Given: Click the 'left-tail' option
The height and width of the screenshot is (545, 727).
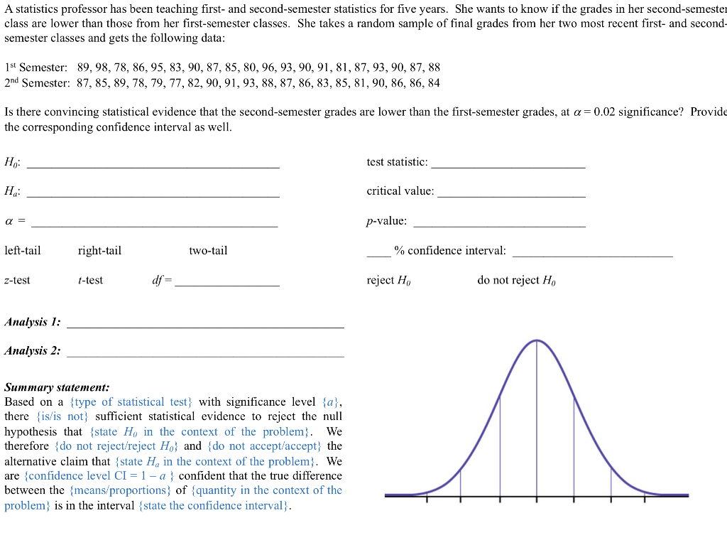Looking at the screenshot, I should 23,251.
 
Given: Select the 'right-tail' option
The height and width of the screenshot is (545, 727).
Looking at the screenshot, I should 99,251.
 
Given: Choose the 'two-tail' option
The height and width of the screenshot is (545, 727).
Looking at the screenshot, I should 208,251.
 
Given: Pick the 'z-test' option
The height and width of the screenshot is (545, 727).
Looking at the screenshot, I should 17,281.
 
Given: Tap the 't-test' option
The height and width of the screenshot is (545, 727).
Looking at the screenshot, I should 90,281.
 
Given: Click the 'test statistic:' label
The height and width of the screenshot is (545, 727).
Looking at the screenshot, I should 397,163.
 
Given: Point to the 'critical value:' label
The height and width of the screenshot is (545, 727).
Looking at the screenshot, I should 400,192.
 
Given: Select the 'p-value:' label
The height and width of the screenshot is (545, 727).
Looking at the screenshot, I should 387,222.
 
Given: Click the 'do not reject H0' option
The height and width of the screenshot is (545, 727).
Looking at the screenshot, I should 516,281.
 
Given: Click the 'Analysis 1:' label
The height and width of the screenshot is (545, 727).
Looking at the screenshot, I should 32,323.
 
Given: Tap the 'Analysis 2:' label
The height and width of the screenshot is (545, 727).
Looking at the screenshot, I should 32,351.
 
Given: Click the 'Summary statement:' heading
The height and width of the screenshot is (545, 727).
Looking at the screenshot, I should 57,388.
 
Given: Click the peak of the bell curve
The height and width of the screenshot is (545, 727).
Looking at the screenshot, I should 536,341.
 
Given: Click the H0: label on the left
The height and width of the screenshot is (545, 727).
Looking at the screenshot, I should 12,163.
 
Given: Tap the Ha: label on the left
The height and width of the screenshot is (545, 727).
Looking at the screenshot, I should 12,192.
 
